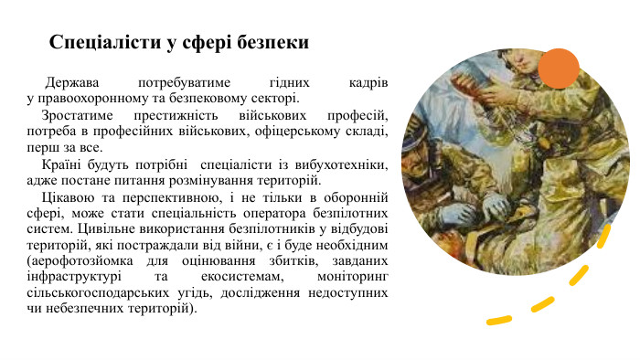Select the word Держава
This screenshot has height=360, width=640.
[76, 82]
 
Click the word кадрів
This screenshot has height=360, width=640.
[369, 82]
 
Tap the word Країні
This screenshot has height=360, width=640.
[63, 164]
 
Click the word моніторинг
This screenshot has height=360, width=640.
[349, 276]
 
